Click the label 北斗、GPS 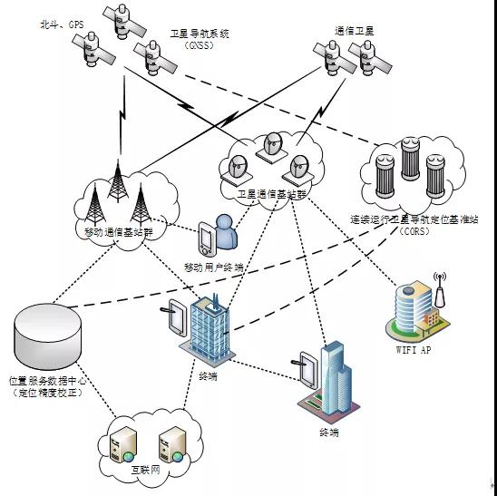coord(62,24)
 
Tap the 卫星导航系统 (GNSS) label coord(200,39)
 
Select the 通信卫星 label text coord(355,31)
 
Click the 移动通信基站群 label coord(119,232)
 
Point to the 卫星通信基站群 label coord(272,194)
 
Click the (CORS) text coord(414,231)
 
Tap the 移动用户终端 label coord(214,267)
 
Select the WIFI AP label coord(414,350)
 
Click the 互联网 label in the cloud coord(146,470)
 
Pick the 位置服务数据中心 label coord(47,381)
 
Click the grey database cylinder coord(47,336)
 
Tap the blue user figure coord(226,232)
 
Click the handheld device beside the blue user coord(208,239)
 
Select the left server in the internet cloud coord(123,444)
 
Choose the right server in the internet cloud coord(171,444)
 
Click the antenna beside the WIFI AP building coord(440,289)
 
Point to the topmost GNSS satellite coord(124,21)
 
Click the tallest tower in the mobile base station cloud coord(118,180)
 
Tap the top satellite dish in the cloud coord(273,148)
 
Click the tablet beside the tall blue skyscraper coord(307,370)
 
